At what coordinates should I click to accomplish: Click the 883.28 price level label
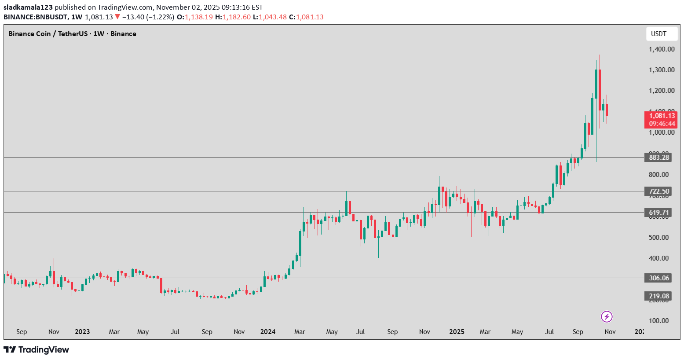658,158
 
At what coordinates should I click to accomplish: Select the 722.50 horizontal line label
658,191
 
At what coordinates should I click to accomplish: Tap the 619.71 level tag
658,213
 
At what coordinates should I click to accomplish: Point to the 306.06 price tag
658,278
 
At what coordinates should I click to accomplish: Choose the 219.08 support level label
658,296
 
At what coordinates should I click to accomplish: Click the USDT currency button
658,34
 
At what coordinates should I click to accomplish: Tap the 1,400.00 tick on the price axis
662,49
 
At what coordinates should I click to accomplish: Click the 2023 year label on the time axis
82,332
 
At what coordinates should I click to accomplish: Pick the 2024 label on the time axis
268,332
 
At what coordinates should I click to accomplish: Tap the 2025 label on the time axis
457,332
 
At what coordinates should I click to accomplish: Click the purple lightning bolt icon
607,316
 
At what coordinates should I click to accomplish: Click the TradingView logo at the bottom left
37,350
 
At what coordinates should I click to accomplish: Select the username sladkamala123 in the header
28,7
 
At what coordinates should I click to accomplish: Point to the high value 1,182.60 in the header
236,17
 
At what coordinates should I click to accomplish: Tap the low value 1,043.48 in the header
273,17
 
